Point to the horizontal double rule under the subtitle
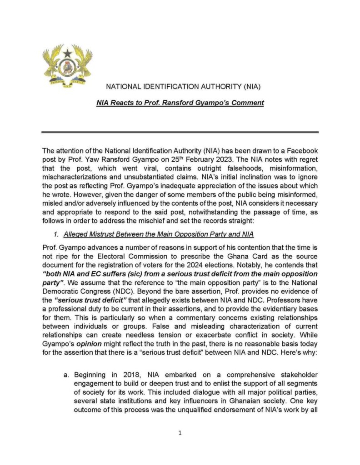pos(180,132)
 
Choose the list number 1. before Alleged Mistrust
pos(57,235)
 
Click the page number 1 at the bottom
pos(180,433)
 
